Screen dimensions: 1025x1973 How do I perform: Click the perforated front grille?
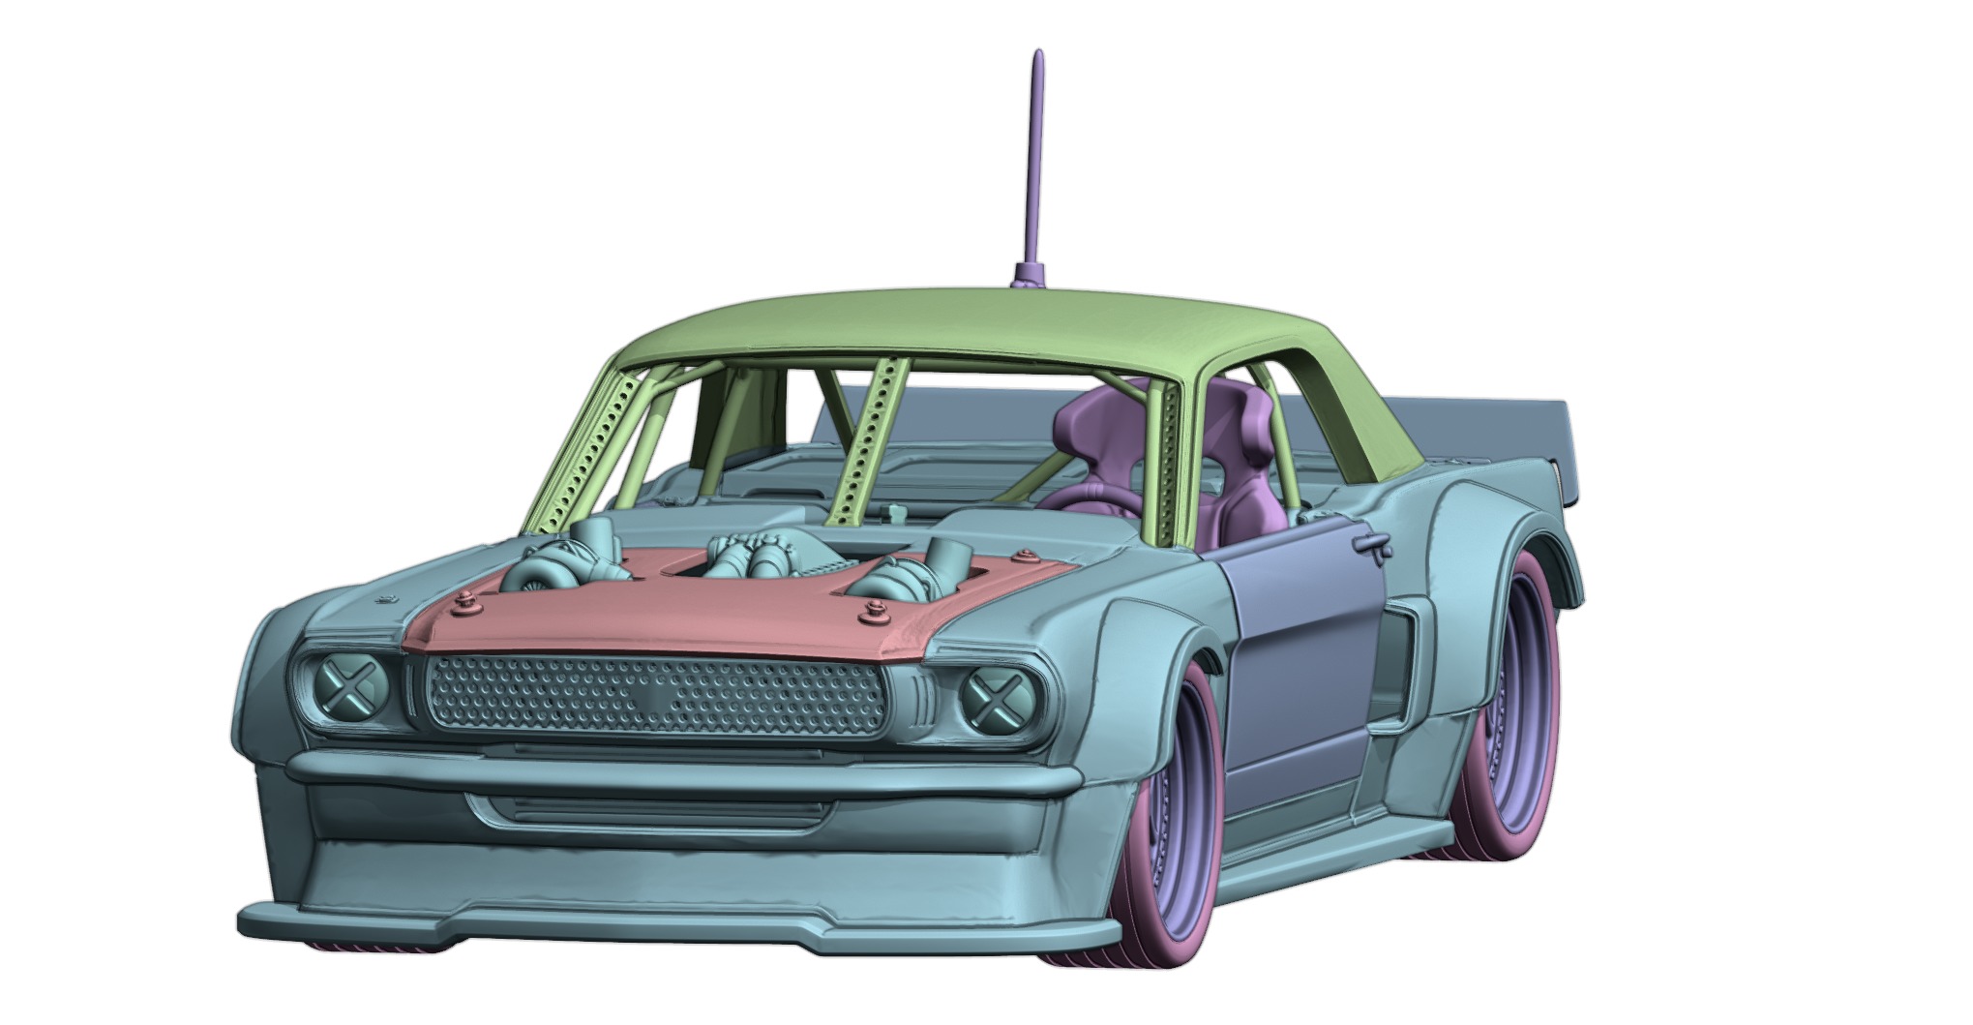coord(656,694)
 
